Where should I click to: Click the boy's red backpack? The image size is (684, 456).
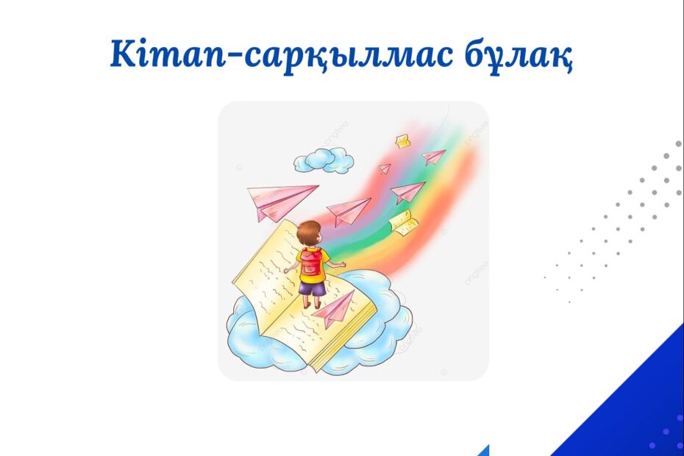[311, 261]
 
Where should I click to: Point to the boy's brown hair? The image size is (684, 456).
[308, 232]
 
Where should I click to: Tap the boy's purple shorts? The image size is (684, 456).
[311, 288]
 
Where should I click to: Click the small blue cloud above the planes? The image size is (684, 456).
[323, 160]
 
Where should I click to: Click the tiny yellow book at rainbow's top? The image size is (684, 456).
[403, 141]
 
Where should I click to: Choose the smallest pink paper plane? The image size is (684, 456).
[385, 168]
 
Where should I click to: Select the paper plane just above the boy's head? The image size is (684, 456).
[348, 210]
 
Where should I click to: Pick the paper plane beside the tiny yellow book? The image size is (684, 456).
[432, 156]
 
